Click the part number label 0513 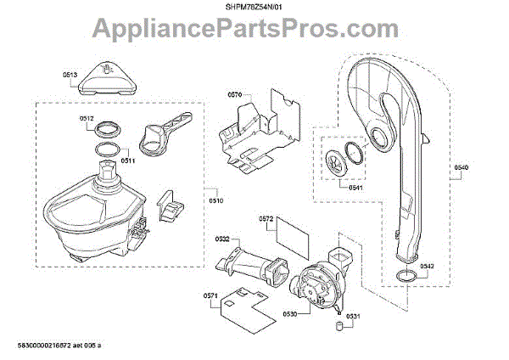70,74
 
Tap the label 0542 427,265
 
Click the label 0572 266,218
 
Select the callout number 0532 222,239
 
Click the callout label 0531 354,316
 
